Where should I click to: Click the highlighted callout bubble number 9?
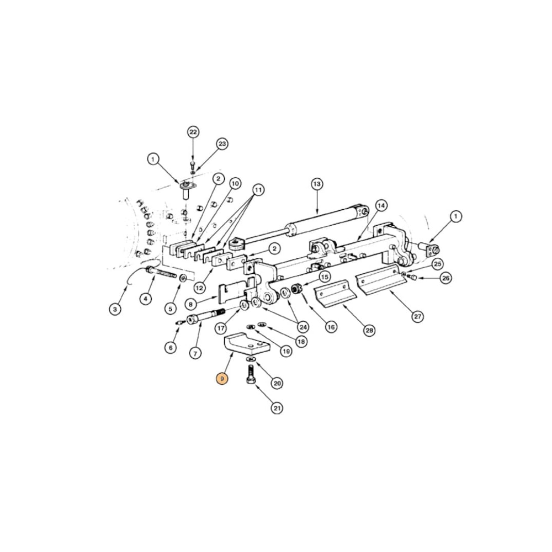click(222, 379)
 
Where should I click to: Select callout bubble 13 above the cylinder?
click(316, 183)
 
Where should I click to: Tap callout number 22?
click(193, 132)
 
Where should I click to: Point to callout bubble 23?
click(222, 144)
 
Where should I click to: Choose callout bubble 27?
click(418, 316)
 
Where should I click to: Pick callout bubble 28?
click(369, 330)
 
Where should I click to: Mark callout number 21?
click(277, 408)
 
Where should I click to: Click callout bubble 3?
click(115, 309)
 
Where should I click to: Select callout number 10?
click(235, 183)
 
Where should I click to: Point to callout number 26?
click(445, 278)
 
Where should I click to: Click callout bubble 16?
click(331, 327)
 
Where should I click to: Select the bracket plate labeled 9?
click(243, 344)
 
